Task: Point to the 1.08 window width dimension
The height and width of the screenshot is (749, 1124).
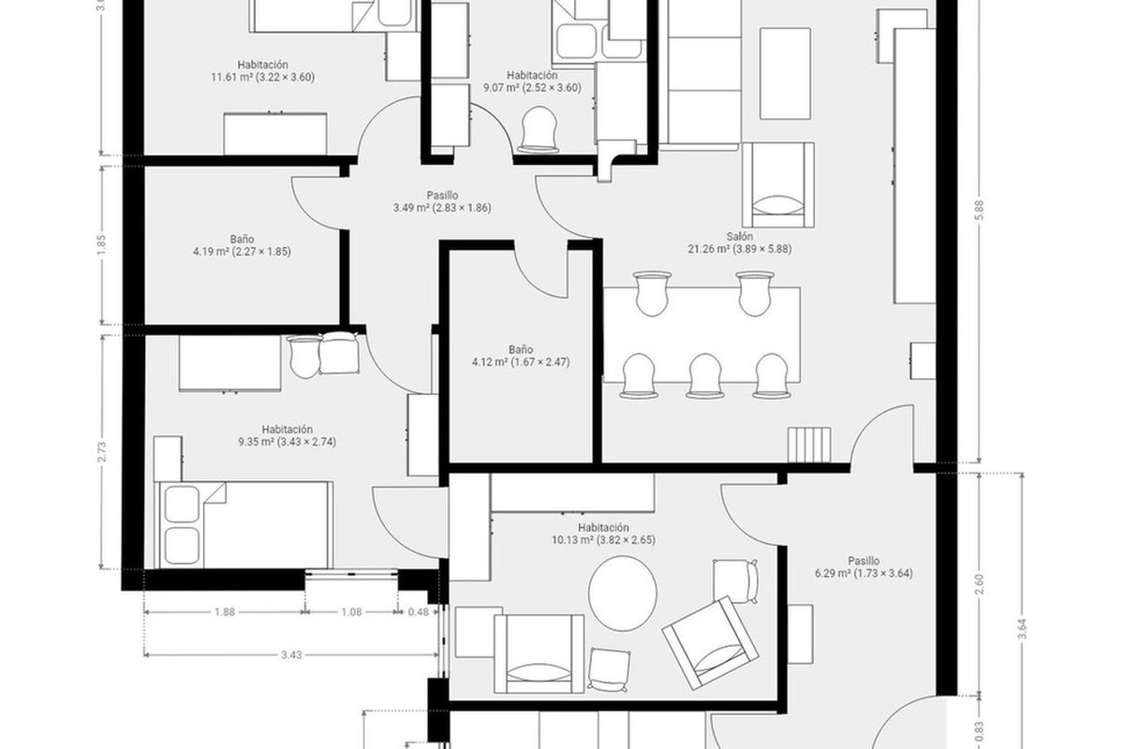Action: click(x=351, y=611)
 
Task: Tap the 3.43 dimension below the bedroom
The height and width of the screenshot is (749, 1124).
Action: click(x=291, y=654)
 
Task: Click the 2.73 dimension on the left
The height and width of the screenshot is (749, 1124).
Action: click(x=102, y=452)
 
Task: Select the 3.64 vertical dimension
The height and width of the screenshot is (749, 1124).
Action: click(x=1022, y=628)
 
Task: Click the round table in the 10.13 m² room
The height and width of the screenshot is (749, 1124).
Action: click(x=622, y=594)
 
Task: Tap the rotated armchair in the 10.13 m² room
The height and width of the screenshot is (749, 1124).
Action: click(x=710, y=643)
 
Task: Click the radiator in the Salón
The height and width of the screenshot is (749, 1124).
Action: click(x=809, y=445)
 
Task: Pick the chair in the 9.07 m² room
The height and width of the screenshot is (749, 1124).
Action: click(x=538, y=129)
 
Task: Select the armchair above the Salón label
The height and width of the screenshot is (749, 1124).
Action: click(x=777, y=184)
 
